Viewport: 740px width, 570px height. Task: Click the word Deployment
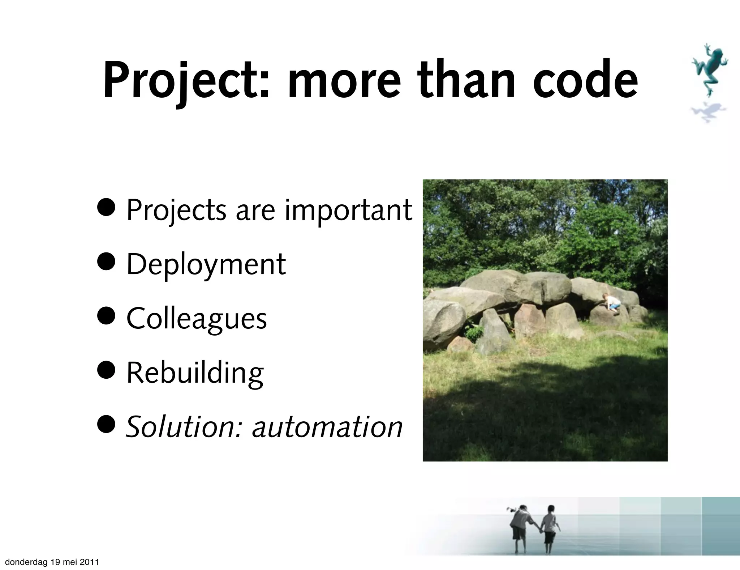click(206, 265)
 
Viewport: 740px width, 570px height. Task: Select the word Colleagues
click(197, 319)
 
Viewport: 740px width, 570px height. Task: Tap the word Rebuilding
click(195, 373)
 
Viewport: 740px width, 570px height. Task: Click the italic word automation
click(327, 427)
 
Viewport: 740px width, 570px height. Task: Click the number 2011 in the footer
click(90, 562)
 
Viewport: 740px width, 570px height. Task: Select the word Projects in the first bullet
click(176, 211)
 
